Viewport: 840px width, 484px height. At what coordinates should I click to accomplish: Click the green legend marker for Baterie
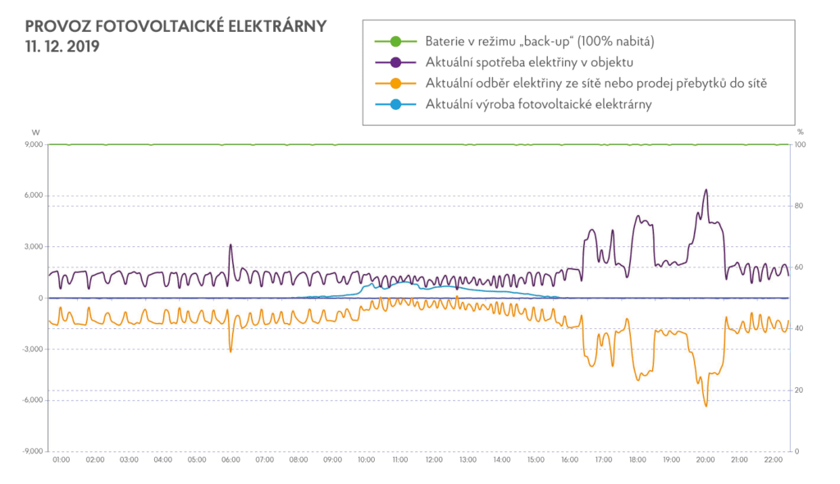(395, 41)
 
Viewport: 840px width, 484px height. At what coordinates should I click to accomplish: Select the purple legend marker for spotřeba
(395, 62)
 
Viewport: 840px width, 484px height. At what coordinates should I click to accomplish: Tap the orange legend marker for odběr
(395, 84)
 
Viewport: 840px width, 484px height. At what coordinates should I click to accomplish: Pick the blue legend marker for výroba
(395, 104)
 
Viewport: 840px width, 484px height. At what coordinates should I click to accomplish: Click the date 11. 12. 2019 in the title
(62, 47)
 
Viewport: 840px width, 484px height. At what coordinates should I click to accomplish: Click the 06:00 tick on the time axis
(231, 459)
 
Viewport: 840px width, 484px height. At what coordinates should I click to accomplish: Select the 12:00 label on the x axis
(434, 459)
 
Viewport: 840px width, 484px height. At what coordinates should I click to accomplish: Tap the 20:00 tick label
(705, 459)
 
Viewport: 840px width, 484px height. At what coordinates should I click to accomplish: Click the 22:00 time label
(774, 459)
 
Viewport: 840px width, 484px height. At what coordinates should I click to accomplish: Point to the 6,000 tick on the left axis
(33, 196)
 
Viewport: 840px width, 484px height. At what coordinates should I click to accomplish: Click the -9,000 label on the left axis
(32, 451)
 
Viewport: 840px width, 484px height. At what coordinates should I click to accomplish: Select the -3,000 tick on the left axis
(32, 349)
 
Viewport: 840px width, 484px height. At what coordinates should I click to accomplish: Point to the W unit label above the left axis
(35, 131)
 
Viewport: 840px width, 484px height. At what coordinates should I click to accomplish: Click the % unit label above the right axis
(800, 131)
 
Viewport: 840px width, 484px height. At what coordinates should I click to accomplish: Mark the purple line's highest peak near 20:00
(706, 189)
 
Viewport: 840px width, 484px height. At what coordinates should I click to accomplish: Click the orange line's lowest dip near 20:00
(705, 406)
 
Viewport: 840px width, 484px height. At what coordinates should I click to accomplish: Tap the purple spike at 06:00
(231, 244)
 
